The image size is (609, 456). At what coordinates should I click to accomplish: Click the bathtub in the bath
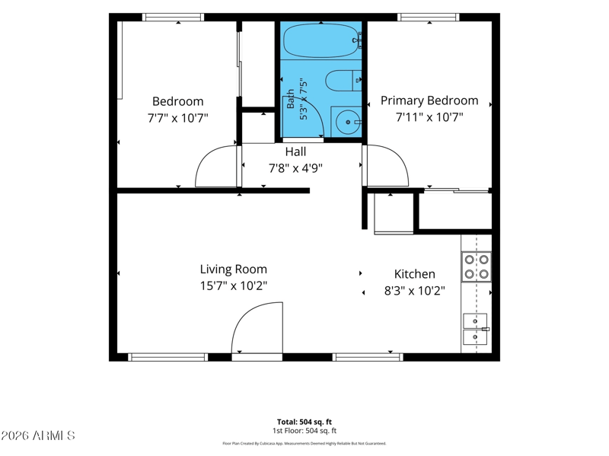[322, 40]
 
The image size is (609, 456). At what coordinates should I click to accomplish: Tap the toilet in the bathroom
[343, 81]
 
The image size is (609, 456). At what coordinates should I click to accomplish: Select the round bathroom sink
[346, 122]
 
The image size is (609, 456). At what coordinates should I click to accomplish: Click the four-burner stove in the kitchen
[477, 266]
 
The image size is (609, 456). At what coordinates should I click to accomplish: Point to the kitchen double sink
[475, 329]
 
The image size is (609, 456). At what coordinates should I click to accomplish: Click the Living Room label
[234, 269]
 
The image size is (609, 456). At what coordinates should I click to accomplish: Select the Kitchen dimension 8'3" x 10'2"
[414, 291]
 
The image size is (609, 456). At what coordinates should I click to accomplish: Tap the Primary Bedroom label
[429, 100]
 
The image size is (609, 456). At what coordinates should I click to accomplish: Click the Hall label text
[295, 151]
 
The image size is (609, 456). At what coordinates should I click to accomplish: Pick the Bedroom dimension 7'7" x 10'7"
[178, 118]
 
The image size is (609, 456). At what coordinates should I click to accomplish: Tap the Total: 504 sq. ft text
[304, 422]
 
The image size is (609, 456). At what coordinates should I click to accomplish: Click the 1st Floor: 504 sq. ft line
[304, 430]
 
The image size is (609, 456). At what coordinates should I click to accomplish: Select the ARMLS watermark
[37, 435]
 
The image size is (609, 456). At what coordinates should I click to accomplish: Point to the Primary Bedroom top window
[429, 17]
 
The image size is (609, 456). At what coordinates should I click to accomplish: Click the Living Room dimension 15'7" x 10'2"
[234, 286]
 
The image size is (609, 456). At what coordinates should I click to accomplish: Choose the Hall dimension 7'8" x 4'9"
[295, 168]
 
